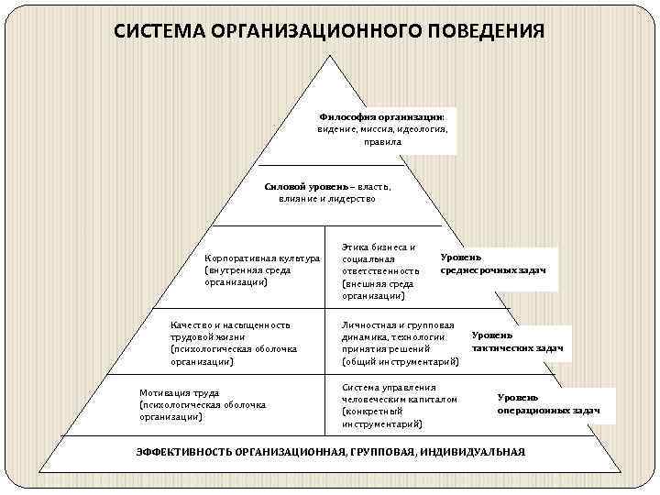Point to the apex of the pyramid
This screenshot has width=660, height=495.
330,55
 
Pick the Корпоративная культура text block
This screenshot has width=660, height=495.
261,270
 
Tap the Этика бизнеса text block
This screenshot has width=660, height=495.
379,271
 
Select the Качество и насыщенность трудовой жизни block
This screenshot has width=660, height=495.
233,343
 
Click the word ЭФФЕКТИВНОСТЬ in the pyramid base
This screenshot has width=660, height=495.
183,452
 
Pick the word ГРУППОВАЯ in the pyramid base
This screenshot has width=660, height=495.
395,452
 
